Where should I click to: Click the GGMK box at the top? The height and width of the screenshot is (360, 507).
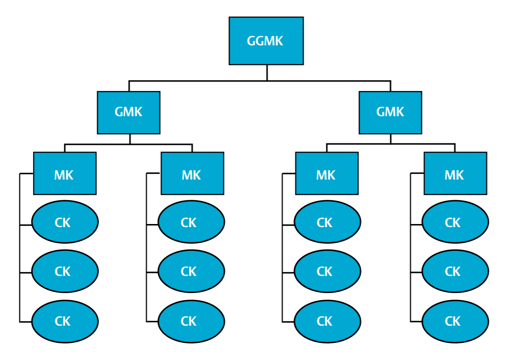tap(266, 41)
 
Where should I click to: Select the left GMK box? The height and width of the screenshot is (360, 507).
tap(129, 112)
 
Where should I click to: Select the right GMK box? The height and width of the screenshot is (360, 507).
tap(390, 112)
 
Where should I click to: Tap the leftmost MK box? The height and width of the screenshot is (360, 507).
tap(65, 173)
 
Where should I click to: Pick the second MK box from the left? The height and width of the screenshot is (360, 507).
tap(192, 173)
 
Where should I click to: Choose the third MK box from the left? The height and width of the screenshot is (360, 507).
tap(326, 173)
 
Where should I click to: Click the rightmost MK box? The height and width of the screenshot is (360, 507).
tap(455, 173)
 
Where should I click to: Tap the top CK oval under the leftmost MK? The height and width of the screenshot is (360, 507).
tap(65, 222)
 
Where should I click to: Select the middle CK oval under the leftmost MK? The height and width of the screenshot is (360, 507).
tap(65, 271)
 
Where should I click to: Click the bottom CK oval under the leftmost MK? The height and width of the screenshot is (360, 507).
tap(65, 321)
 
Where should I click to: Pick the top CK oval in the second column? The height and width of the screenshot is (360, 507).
tap(191, 222)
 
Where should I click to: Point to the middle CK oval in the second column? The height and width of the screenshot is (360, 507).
tap(191, 271)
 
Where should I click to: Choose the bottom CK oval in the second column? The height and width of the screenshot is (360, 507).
tap(191, 321)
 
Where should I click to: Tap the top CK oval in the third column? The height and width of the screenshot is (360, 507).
tap(327, 222)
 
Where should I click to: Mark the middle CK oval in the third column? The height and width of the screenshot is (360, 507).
tap(327, 271)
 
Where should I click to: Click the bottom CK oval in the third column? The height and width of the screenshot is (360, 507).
tap(327, 321)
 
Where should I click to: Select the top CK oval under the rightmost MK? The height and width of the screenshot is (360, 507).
tap(455, 222)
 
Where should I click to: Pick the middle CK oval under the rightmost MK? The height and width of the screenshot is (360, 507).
tap(455, 271)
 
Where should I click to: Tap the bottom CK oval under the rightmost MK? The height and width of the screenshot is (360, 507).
tap(455, 321)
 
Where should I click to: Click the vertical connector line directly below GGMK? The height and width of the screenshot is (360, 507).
tap(267, 73)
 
